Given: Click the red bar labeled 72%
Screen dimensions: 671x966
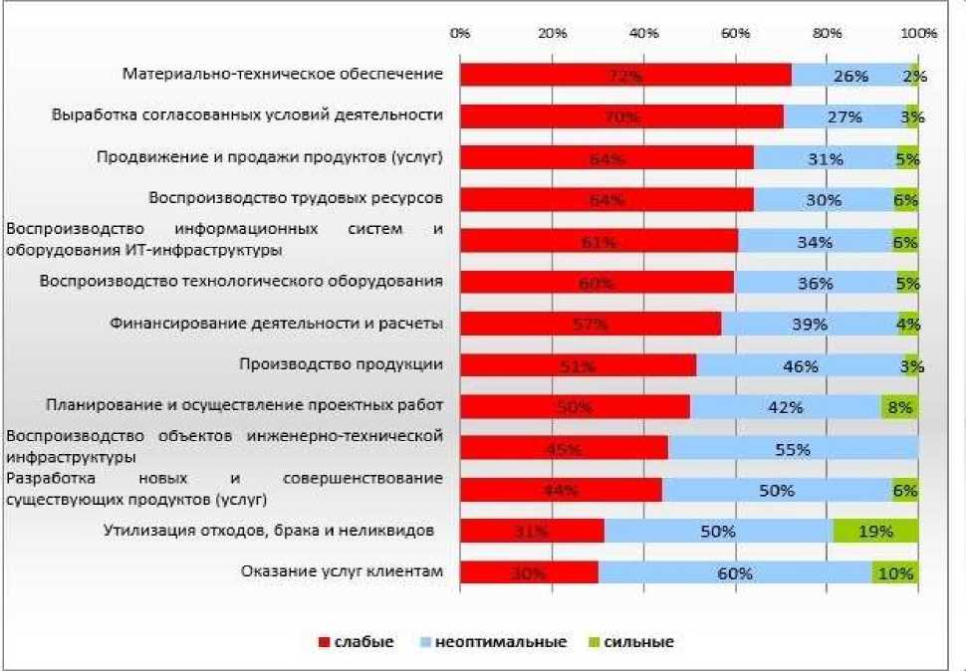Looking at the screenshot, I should click(625, 76).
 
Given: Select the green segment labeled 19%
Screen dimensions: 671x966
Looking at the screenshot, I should click(875, 531).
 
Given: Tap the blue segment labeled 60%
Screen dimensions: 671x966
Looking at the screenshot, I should click(735, 572).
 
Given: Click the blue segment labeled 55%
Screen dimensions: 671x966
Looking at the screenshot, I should click(793, 449).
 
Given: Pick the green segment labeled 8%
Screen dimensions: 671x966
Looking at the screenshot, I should click(899, 406).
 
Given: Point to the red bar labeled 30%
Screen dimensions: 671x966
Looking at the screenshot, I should click(529, 572).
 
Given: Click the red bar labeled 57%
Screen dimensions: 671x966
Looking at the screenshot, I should click(591, 324).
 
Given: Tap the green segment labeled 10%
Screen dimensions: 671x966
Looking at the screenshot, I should click(895, 572).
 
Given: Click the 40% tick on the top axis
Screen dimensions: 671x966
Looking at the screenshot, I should click(644, 33).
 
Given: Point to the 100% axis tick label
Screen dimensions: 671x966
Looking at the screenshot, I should click(918, 33).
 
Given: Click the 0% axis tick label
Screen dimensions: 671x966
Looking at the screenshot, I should click(460, 33).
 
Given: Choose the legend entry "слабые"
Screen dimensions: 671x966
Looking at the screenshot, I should click(356, 642).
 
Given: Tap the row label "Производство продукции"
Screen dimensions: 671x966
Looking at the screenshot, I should click(341, 364).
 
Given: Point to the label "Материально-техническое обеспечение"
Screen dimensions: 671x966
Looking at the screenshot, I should click(282, 74).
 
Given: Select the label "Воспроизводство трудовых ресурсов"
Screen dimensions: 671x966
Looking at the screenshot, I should click(295, 197).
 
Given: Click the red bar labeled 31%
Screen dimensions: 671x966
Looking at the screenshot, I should click(532, 531).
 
